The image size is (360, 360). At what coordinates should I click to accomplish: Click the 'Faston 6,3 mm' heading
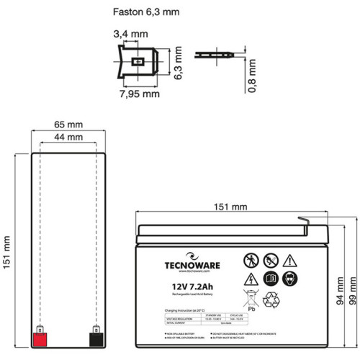coord(146,12)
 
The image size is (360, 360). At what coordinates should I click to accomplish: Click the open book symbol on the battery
coord(271,277)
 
